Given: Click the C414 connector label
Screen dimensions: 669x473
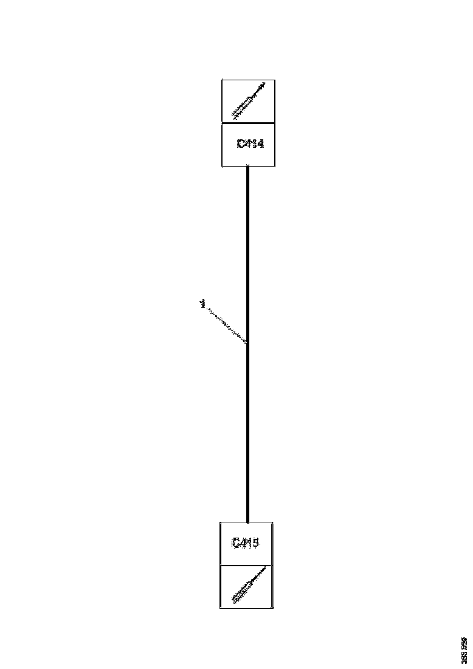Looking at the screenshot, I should (x=250, y=144).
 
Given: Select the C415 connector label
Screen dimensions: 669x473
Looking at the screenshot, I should (x=246, y=542).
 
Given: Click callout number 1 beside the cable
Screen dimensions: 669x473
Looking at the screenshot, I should (x=201, y=303).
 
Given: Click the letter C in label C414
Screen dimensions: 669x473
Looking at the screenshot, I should (x=241, y=144).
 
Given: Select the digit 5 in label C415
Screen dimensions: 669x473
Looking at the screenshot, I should (x=255, y=542).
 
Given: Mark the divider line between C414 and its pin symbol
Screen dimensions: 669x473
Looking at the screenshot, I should (x=248, y=123).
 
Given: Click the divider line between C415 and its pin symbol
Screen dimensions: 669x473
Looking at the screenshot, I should (x=246, y=565).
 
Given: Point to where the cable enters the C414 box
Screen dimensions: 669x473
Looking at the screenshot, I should (x=247, y=167).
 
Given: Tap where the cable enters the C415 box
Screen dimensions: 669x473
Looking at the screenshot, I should (x=247, y=522).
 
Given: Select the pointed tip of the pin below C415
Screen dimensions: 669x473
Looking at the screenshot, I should (x=265, y=570).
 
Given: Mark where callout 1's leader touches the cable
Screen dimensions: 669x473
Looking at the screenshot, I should (x=246, y=343).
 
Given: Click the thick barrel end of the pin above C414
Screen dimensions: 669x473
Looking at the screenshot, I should (x=234, y=113).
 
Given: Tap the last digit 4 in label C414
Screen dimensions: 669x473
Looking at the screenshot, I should (x=260, y=144).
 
